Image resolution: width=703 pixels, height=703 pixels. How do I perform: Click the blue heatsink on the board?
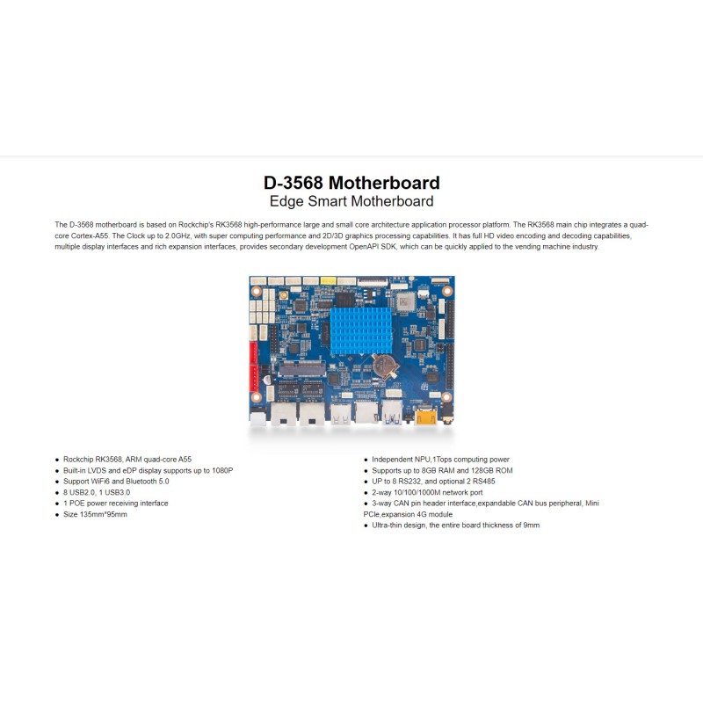(361, 330)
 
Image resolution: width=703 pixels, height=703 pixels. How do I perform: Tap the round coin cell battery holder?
(385, 366)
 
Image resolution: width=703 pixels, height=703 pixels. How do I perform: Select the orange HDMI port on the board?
(426, 417)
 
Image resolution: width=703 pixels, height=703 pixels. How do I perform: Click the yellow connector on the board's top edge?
(328, 281)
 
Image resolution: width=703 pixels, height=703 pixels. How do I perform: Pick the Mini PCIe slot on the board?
(302, 369)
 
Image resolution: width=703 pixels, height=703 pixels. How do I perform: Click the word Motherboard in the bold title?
(384, 183)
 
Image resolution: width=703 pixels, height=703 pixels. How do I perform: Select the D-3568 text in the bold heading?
(294, 183)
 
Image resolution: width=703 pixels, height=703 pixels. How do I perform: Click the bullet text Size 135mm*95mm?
(95, 514)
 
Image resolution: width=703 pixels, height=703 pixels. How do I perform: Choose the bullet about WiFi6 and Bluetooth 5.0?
(116, 482)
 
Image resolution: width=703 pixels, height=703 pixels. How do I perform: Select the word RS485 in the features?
(484, 482)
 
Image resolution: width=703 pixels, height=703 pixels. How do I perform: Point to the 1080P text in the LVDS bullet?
(222, 471)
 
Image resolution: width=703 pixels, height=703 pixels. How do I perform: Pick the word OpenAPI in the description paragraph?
(364, 247)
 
